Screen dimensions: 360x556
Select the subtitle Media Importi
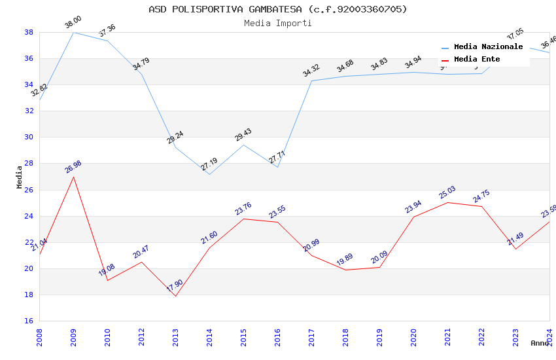277,23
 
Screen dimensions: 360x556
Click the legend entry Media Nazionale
488,47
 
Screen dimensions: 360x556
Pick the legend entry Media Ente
477,60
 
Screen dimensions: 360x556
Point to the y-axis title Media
20,177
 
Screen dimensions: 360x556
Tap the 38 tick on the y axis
29,32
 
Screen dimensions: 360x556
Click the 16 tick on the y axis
29,321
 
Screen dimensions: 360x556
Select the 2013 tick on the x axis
175,336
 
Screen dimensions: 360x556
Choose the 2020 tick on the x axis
413,336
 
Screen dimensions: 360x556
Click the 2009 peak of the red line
73,177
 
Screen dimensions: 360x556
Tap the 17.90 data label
175,286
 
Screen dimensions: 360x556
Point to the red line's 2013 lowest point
175,296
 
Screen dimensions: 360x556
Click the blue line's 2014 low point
209,174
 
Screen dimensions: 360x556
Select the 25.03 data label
447,193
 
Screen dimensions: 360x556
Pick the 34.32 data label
311,71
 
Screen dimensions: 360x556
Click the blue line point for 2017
311,81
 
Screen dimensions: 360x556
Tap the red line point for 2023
515,249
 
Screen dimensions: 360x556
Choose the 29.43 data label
243,135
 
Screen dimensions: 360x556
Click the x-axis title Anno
540,343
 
